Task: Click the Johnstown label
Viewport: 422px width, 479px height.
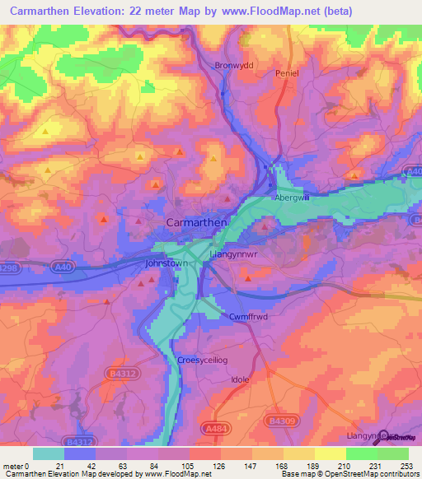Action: pos(166,263)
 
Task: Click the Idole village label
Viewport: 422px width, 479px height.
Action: pos(240,379)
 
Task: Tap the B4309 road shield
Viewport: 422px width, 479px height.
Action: pos(282,421)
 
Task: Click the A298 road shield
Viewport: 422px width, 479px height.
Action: pos(9,267)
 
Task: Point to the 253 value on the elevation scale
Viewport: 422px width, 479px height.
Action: pos(407,444)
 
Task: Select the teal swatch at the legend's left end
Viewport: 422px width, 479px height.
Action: pos(48,453)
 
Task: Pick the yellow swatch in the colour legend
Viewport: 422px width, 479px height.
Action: pos(330,453)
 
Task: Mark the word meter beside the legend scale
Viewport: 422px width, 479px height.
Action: pos(12,444)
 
